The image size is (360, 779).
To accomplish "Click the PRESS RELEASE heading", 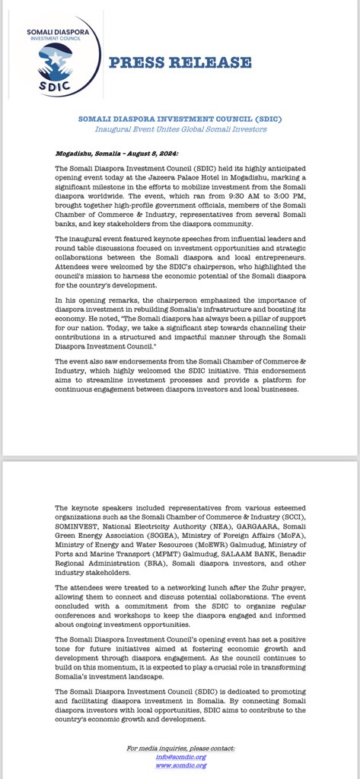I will [180, 63].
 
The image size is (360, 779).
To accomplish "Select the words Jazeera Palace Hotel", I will [207, 175].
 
